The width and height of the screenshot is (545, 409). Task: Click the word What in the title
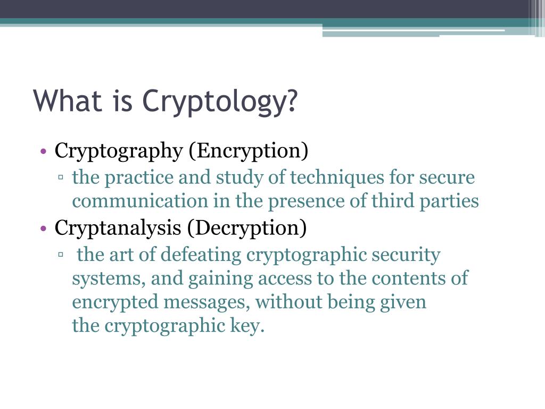point(68,100)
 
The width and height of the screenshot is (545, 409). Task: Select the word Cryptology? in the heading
point(220,102)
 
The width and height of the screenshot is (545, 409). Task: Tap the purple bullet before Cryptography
point(43,151)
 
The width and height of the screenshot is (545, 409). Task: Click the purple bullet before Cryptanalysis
point(43,228)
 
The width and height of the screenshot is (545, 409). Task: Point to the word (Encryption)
point(249,151)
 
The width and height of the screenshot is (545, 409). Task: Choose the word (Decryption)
point(247,228)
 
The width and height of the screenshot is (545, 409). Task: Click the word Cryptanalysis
point(118,228)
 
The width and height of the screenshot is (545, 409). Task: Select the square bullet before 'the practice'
point(61,177)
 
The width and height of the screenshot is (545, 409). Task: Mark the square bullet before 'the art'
point(61,254)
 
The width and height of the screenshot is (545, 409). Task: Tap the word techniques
point(337,177)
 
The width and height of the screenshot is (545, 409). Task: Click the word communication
point(140,201)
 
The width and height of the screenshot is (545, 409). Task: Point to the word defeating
point(201,255)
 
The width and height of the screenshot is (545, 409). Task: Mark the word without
point(289,302)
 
